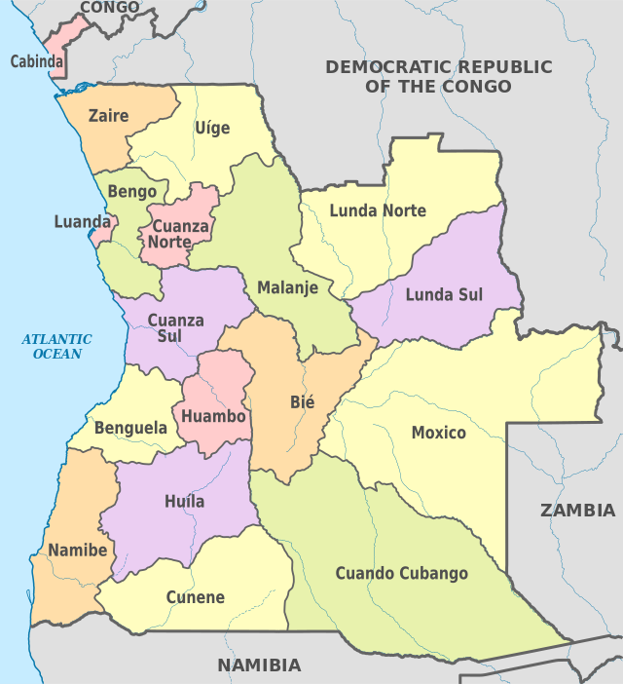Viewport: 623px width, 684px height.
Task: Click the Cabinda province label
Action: [x=37, y=61]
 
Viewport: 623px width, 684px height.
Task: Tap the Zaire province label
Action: [x=108, y=116]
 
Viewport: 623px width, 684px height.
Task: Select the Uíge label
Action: [x=212, y=128]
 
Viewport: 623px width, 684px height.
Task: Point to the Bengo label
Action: [x=132, y=191]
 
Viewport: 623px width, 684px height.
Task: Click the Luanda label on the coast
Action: [x=83, y=222]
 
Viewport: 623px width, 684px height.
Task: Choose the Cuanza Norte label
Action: [x=178, y=234]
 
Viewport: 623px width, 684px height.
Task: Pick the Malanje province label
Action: [x=288, y=287]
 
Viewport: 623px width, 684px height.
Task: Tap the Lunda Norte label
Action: [x=378, y=210]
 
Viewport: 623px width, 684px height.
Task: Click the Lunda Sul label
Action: [x=444, y=294]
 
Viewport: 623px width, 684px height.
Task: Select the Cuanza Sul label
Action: [x=176, y=328]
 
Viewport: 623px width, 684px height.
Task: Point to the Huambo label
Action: [x=213, y=416]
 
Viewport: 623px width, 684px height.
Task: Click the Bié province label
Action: [x=303, y=401]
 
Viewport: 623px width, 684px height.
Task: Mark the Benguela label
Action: [x=130, y=428]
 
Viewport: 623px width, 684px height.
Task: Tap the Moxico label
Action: [x=438, y=433]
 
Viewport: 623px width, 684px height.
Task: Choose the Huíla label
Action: [x=185, y=502]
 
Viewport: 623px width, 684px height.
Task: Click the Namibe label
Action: [x=77, y=550]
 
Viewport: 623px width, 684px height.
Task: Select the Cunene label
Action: [x=195, y=597]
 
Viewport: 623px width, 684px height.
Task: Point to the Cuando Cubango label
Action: [x=402, y=573]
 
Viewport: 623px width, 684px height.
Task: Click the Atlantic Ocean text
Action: [x=57, y=346]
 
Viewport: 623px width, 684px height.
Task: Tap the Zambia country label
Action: [x=578, y=510]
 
